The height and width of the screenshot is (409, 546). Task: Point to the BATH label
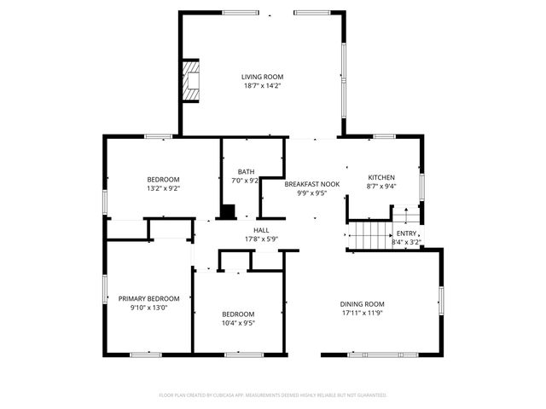(x=247, y=171)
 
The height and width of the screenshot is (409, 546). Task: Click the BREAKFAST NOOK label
(x=312, y=184)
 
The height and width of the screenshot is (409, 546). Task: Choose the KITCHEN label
(x=381, y=176)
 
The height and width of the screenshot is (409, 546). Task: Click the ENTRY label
(x=406, y=233)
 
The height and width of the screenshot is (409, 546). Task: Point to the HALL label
(x=261, y=229)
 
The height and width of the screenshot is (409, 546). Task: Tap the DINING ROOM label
(x=363, y=304)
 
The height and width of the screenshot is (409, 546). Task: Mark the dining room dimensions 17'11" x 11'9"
(x=363, y=313)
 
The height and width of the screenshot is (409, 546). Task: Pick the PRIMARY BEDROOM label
(x=149, y=298)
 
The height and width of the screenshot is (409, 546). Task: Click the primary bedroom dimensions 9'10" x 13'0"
(x=149, y=307)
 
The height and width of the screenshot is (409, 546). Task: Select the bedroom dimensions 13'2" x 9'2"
(x=163, y=188)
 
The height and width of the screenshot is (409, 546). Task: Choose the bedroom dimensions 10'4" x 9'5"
(x=238, y=322)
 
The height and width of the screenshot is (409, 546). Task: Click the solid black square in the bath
(x=228, y=211)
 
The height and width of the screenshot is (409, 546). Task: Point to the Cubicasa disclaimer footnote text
(x=273, y=395)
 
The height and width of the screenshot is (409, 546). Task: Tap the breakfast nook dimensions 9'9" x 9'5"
(x=312, y=193)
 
